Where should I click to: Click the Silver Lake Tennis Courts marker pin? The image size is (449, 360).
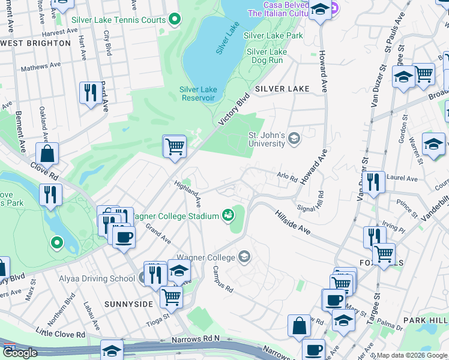coord(175,20)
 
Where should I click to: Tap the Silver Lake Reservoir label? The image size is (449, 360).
coord(197,94)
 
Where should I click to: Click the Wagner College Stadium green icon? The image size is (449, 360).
coord(228,214)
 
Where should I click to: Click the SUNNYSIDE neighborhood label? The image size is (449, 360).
coord(128,304)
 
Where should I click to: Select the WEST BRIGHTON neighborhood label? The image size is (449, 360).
coord(36,43)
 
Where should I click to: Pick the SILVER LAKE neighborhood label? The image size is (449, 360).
coord(282,89)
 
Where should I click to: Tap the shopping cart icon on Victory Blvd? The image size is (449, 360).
coord(174,146)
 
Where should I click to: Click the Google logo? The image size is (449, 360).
coord(20,353)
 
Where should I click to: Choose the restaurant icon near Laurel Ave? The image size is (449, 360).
coord(373,182)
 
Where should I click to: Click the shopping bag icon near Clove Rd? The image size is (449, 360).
coord(47,154)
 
